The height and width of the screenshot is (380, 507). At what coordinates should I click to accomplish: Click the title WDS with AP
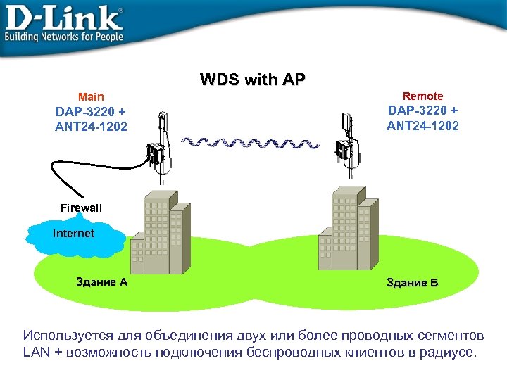[253, 79]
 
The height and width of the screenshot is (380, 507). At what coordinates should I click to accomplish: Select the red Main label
[91, 96]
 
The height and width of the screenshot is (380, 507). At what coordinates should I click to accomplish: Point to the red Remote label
[423, 96]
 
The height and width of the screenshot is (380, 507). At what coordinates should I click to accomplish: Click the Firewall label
[81, 208]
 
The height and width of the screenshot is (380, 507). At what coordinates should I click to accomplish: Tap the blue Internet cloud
[74, 236]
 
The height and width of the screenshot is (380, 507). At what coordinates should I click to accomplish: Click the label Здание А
[101, 282]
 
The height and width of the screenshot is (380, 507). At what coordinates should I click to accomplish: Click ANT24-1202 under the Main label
[92, 127]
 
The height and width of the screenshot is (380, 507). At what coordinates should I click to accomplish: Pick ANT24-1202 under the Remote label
[423, 126]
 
